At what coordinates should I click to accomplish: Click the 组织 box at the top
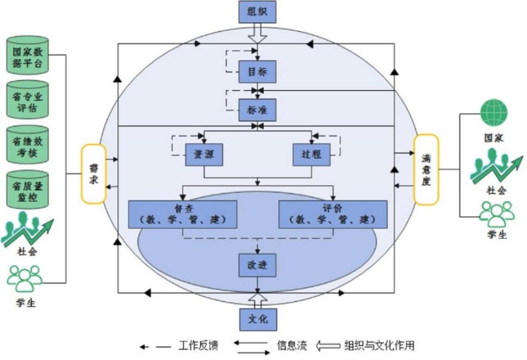click(x=257, y=12)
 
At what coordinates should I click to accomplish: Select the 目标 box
click(x=257, y=71)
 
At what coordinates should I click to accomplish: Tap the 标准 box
click(x=257, y=110)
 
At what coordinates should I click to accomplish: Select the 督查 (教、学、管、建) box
click(x=183, y=214)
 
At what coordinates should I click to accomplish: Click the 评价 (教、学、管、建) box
click(x=333, y=214)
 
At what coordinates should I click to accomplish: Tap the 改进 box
click(x=257, y=265)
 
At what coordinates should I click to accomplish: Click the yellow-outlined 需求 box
click(x=94, y=174)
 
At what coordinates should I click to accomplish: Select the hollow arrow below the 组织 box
click(x=257, y=34)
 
